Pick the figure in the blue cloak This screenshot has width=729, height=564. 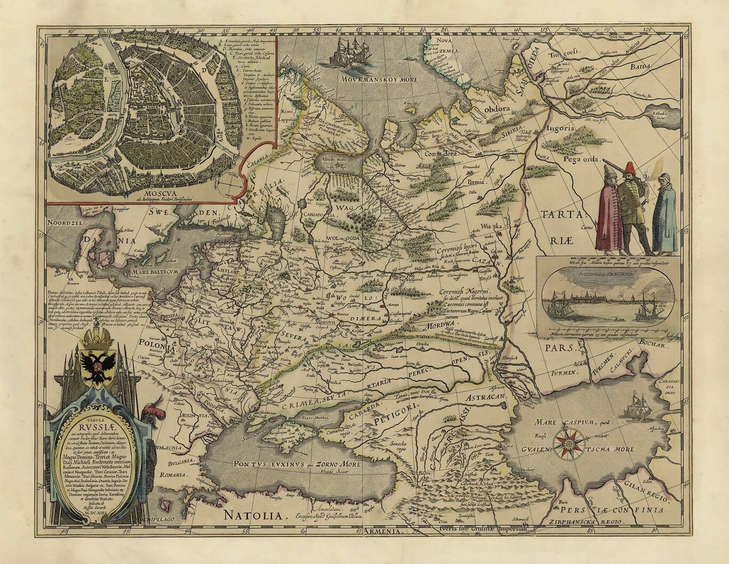coord(664,214)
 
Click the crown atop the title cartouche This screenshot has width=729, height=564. coord(98,338)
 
